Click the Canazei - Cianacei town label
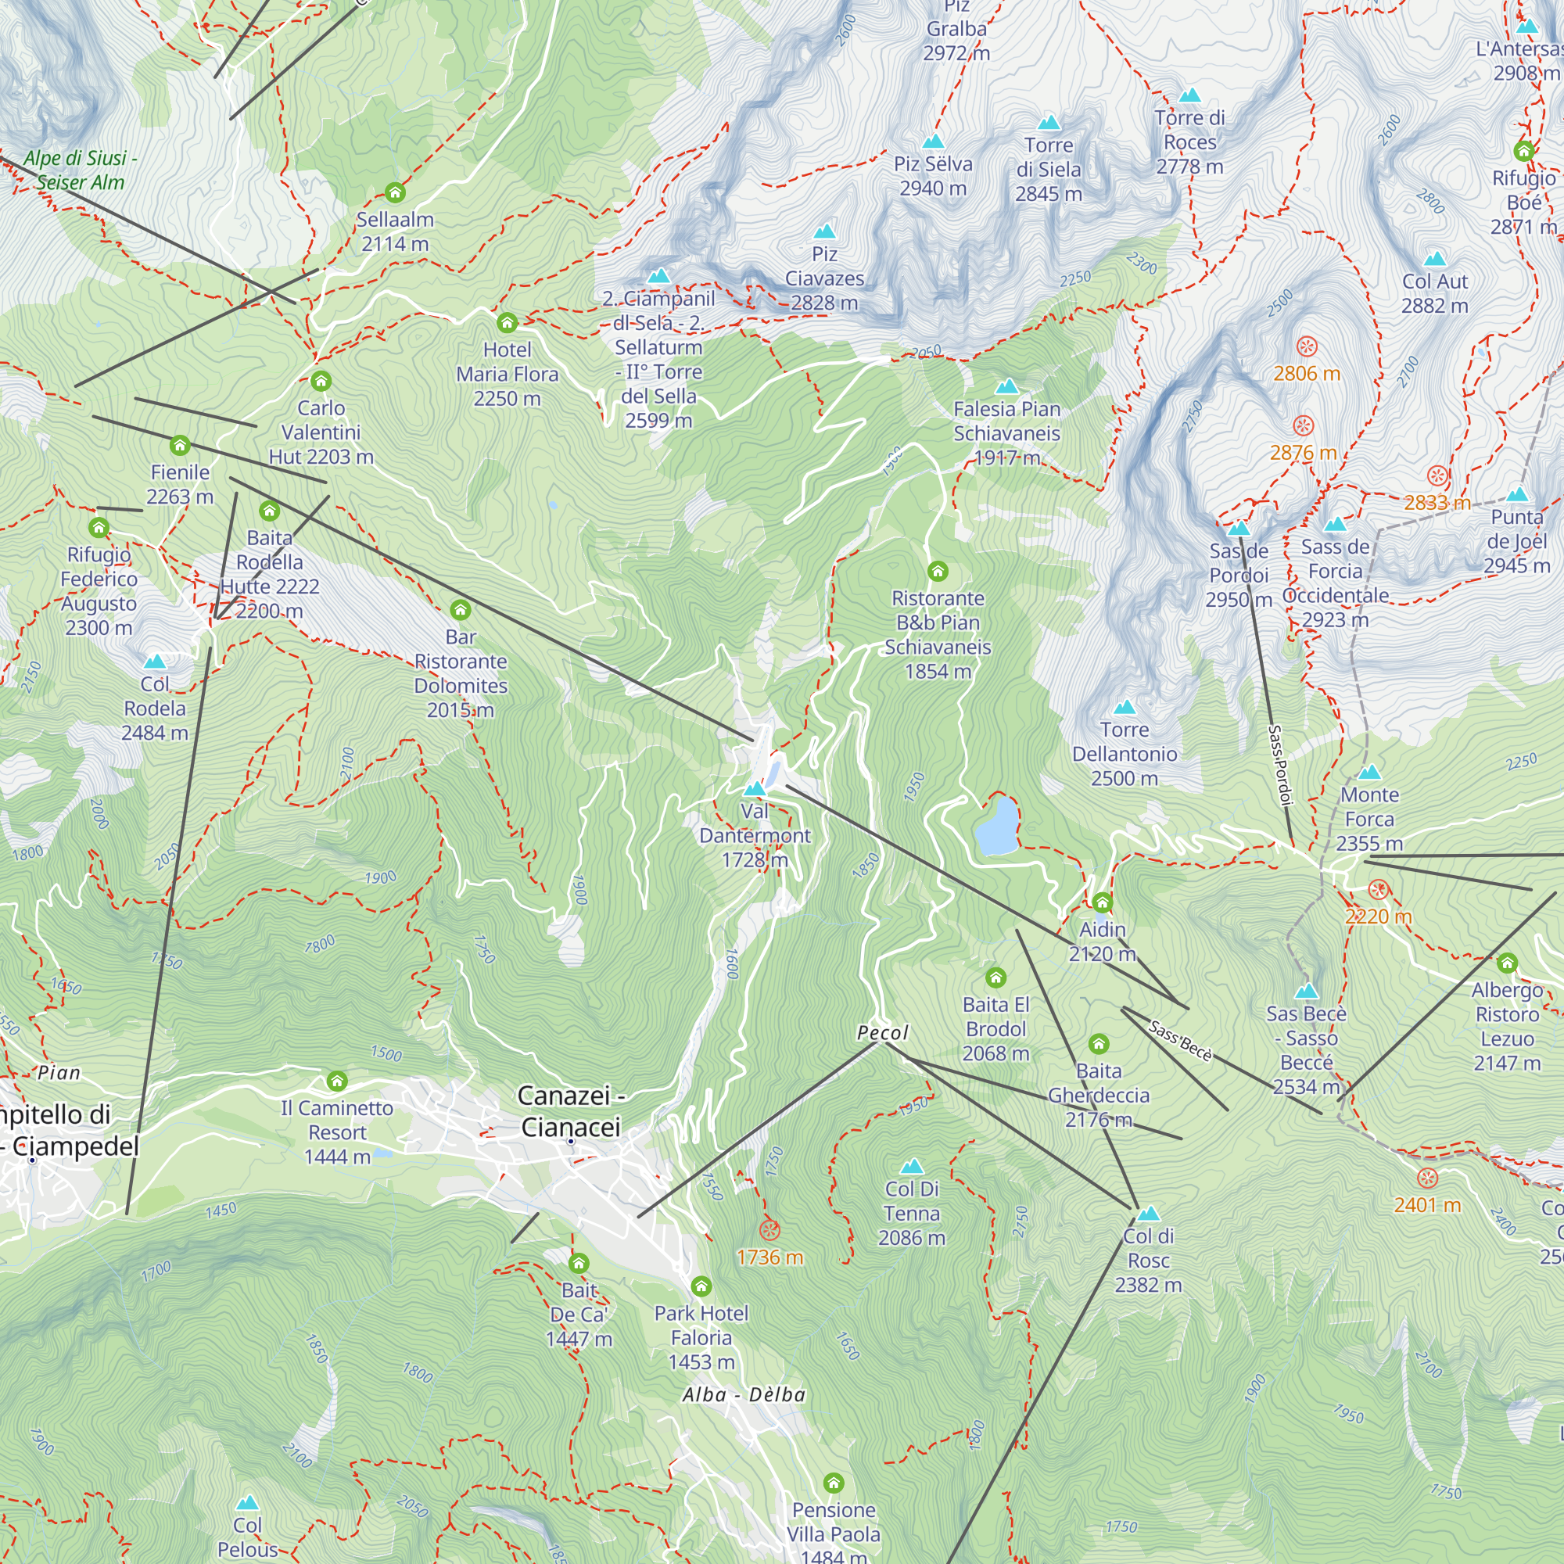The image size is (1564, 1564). click(571, 1110)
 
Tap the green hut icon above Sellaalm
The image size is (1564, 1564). click(395, 192)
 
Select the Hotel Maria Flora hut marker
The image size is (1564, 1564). click(507, 323)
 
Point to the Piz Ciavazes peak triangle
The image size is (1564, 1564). click(824, 231)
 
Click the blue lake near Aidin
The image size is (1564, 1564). click(996, 827)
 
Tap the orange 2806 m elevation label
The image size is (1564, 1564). click(1307, 373)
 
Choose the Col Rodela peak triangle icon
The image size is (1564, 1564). click(155, 662)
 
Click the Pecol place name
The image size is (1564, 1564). click(882, 1033)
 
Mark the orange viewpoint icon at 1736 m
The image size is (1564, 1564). click(769, 1230)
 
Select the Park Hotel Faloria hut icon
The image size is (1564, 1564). click(701, 1286)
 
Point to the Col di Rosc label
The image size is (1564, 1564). click(1148, 1260)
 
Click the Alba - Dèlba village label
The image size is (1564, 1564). click(744, 1394)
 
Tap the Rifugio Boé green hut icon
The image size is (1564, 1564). click(1523, 151)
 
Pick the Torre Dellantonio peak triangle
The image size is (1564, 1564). click(1125, 707)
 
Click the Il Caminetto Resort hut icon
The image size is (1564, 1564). click(337, 1081)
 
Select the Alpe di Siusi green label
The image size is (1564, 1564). click(79, 170)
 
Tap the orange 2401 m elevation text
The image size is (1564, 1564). click(1427, 1205)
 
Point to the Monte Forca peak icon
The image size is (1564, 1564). click(1369, 772)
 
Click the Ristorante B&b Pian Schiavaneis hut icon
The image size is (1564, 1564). click(938, 572)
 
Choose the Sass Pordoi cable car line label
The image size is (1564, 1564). click(1279, 765)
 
